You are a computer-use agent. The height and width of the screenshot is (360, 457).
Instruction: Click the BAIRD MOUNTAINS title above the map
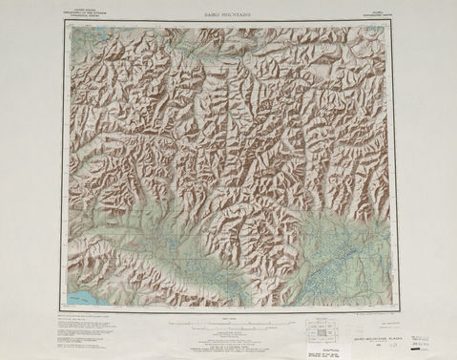tap(228, 16)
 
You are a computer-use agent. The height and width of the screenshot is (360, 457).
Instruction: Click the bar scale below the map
tap(229, 328)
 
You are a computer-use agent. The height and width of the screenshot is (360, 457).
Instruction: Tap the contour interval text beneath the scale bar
tap(229, 335)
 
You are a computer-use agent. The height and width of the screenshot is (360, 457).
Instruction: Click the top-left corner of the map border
tap(67, 24)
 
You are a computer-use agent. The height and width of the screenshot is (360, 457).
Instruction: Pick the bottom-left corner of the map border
tap(67, 309)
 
